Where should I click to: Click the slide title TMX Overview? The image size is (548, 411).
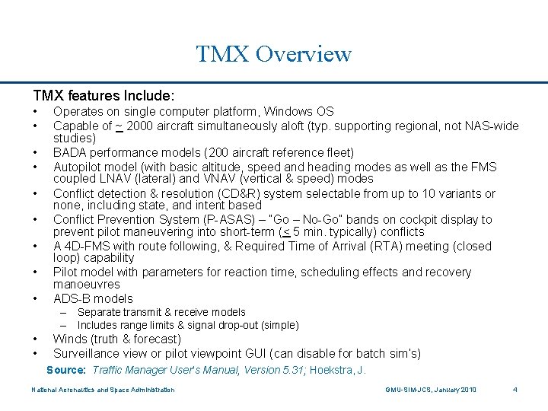click(273, 54)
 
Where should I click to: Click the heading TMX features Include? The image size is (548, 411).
click(104, 96)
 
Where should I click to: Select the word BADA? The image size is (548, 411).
click(69, 152)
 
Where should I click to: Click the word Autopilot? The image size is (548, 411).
click(78, 166)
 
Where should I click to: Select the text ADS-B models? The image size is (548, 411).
click(93, 298)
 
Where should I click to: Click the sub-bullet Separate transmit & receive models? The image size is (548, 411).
click(161, 312)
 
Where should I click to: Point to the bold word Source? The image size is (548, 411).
click(66, 370)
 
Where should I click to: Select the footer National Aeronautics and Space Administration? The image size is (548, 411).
click(103, 390)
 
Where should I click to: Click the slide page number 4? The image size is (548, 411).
click(515, 390)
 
